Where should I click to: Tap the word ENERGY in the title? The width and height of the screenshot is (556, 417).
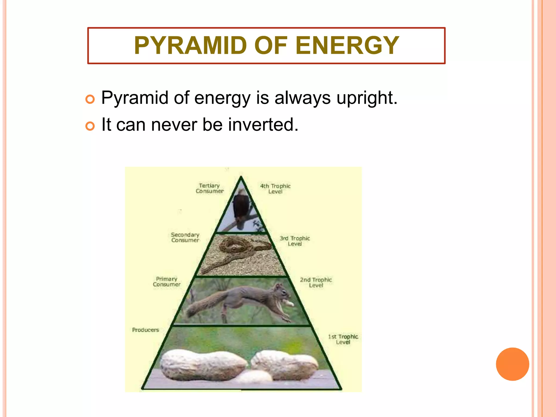click(x=347, y=46)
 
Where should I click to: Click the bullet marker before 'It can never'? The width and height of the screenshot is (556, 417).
click(x=90, y=126)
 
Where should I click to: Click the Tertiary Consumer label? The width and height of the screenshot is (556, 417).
click(x=210, y=188)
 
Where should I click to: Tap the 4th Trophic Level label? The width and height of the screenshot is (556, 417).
click(x=275, y=189)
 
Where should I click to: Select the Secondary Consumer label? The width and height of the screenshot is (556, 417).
click(x=185, y=237)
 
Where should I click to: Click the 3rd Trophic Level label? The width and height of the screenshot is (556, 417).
click(x=295, y=241)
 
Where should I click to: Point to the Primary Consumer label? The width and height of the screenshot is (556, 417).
click(x=167, y=282)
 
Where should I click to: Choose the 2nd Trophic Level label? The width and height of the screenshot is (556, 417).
click(x=316, y=282)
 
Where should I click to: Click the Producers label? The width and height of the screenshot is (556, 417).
click(x=146, y=330)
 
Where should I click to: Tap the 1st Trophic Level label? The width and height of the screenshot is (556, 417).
click(x=343, y=339)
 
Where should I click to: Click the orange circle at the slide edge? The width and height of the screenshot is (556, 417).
click(x=512, y=364)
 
